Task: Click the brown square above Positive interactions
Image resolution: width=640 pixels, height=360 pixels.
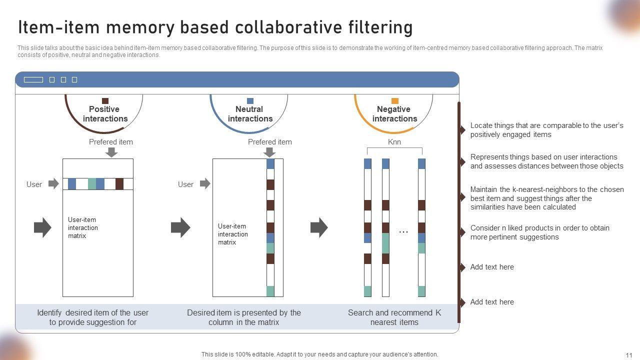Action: coord(105,101)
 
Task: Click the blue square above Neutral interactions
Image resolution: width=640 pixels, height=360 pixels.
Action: coord(250,101)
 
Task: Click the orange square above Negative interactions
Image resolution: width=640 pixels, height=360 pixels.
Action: coord(394,101)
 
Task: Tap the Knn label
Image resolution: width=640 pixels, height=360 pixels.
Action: coord(394,142)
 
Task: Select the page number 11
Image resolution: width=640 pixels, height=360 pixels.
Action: coord(629,355)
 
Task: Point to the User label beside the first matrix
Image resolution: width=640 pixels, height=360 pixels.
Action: coord(34,184)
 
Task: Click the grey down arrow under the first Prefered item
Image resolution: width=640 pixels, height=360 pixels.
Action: coord(111,152)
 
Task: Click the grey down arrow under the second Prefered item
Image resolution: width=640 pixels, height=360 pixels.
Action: coord(270,152)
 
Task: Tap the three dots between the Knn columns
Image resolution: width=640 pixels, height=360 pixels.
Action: coord(403,232)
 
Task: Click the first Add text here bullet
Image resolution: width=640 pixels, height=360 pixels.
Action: coord(492,267)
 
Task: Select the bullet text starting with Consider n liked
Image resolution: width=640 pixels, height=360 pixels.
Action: coord(539,232)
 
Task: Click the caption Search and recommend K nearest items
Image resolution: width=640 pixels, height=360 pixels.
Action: coord(394,317)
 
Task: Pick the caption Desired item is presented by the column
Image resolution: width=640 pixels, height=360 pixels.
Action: coord(244,317)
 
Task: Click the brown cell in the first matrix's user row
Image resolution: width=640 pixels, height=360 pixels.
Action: coord(119,184)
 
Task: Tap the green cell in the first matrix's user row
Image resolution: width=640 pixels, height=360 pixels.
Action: coord(92,184)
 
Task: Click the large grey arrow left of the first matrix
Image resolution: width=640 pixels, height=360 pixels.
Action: coord(42,227)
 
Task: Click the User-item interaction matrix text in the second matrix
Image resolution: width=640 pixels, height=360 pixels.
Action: coord(232,234)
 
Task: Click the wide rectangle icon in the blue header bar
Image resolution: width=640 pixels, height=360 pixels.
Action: coord(33,80)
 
